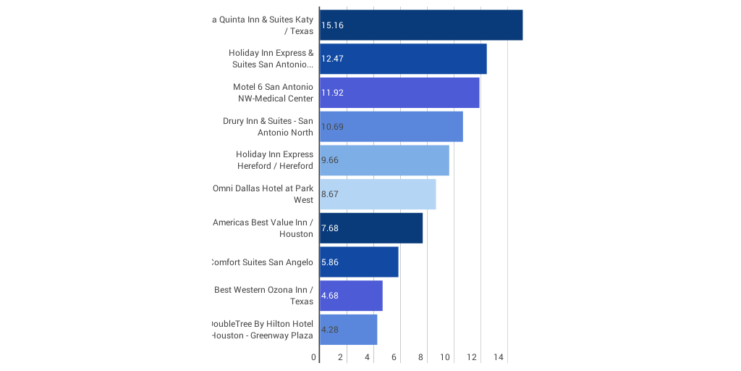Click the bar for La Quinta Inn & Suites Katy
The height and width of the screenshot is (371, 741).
[x=420, y=25]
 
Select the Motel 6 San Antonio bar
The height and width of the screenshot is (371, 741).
[x=399, y=93]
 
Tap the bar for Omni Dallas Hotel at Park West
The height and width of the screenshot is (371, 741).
[x=378, y=194]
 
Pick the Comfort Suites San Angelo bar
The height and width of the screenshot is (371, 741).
[x=359, y=262]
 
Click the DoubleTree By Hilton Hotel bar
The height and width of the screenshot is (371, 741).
[x=348, y=330]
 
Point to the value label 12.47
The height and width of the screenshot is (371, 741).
[x=333, y=59]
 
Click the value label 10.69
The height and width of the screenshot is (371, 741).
[x=333, y=127]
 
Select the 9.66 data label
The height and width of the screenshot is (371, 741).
[x=330, y=160]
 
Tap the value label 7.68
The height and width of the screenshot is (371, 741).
[x=330, y=228]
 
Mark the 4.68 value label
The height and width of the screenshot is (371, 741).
[x=330, y=296]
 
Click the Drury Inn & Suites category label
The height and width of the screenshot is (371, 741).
[x=268, y=127]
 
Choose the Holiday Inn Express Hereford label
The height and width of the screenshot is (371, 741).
[x=275, y=160]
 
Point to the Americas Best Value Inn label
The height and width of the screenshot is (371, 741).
[x=263, y=228]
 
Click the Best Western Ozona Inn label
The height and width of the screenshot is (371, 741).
[x=264, y=296]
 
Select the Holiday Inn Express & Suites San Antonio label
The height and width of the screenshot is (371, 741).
[x=271, y=59]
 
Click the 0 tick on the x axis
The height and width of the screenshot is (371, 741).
[x=314, y=357]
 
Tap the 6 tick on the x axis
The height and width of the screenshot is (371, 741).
[x=394, y=357]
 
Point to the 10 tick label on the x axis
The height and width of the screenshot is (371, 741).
[x=445, y=357]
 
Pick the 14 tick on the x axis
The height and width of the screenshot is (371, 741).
[x=499, y=357]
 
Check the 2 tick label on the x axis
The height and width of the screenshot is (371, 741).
[x=341, y=357]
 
